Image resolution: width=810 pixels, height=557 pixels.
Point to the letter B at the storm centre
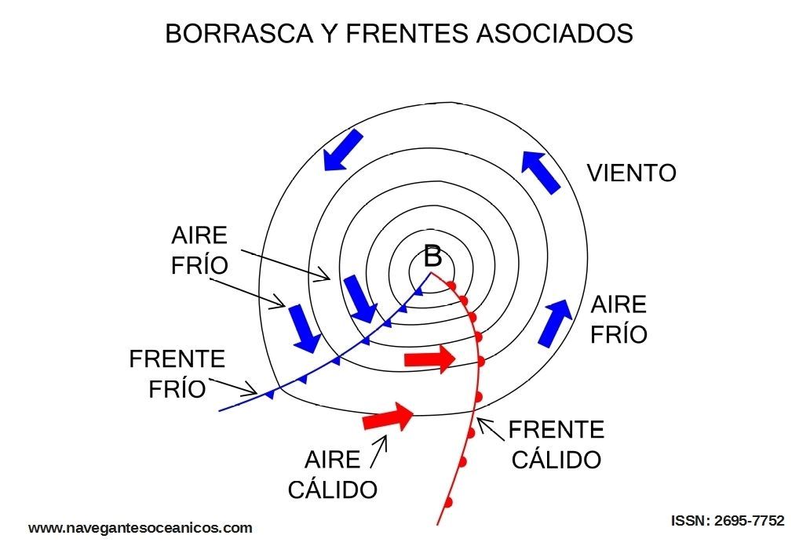click(x=432, y=256)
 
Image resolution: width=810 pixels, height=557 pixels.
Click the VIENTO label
click(x=632, y=173)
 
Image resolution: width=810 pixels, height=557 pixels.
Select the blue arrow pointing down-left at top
click(x=343, y=150)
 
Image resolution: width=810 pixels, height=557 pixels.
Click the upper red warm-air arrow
click(x=429, y=359)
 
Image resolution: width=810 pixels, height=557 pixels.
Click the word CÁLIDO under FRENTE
click(x=556, y=459)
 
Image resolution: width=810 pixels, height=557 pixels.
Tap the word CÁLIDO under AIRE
click(x=333, y=490)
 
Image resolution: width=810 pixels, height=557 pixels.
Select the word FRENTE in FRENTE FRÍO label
click(x=177, y=359)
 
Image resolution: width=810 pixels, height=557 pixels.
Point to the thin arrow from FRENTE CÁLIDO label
click(x=491, y=429)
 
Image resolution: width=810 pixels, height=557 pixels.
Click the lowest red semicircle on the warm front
click(x=448, y=501)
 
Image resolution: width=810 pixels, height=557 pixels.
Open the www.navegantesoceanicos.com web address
click(x=140, y=528)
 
